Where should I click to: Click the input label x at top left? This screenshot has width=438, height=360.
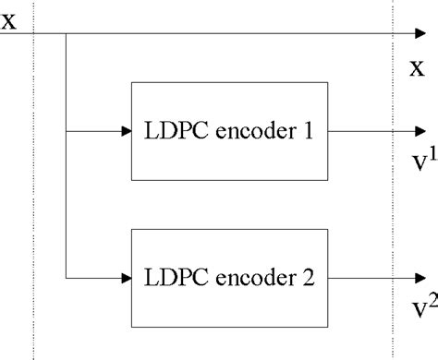8,19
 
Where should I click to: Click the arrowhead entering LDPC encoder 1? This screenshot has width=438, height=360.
126,131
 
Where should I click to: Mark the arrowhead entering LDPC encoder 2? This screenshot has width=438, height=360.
126,275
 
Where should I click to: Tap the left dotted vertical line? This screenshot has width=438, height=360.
34,185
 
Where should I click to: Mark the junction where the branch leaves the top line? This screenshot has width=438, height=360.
67,36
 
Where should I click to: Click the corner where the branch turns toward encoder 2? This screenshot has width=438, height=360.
67,275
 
